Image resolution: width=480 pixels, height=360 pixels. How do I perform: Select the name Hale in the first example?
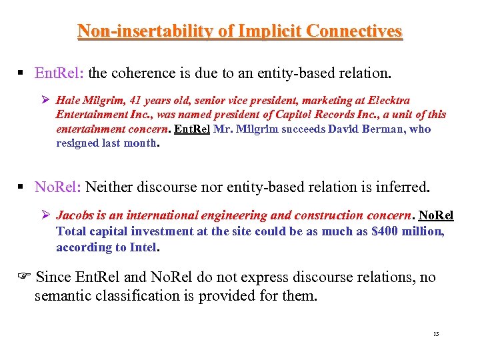point(69,100)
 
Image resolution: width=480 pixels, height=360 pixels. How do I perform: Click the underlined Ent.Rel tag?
point(192,129)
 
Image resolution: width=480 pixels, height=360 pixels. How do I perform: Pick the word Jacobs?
point(73,216)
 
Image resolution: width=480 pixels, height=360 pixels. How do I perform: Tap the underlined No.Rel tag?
point(436,216)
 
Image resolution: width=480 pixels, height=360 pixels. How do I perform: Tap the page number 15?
point(436,334)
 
